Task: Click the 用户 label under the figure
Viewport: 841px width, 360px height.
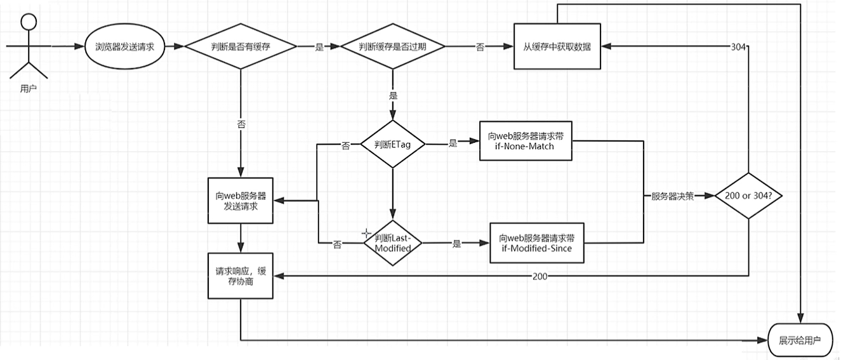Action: click(x=28, y=89)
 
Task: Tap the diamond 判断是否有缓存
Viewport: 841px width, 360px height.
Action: click(x=241, y=47)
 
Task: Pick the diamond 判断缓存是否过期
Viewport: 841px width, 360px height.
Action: click(x=393, y=47)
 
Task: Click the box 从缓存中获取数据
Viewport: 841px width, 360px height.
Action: click(x=558, y=46)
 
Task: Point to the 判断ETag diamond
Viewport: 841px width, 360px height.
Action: click(x=393, y=145)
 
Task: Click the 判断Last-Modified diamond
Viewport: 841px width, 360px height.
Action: click(x=393, y=243)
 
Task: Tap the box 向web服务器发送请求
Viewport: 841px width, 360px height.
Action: click(x=241, y=200)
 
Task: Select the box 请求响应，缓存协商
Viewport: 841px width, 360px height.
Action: click(x=241, y=276)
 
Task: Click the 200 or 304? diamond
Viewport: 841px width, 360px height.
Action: click(x=749, y=196)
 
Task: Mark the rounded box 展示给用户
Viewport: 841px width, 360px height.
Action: click(x=800, y=340)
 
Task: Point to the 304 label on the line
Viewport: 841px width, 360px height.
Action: click(x=738, y=47)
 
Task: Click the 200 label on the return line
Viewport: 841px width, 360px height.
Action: click(x=540, y=276)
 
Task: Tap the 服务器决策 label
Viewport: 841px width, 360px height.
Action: click(x=672, y=196)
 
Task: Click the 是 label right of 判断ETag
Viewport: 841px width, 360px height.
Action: click(x=453, y=143)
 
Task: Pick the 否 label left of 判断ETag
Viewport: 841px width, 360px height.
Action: click(x=345, y=145)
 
